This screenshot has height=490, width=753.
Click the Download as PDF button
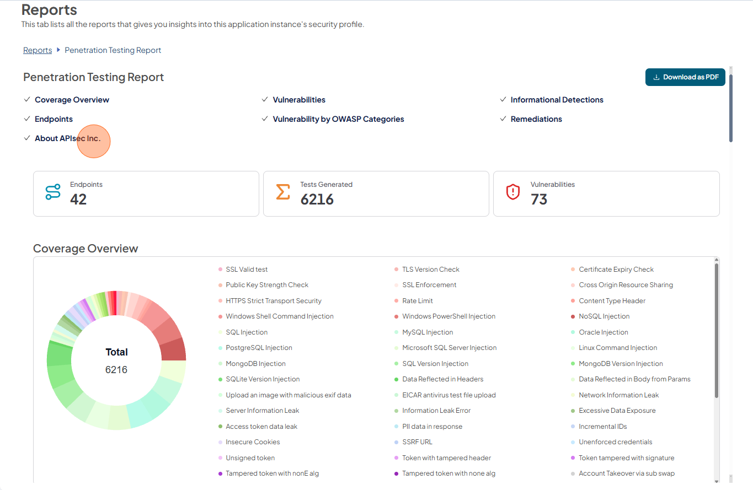685,77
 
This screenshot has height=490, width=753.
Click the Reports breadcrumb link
38,50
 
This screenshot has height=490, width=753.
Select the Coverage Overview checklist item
72,100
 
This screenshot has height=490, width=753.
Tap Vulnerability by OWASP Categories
338,119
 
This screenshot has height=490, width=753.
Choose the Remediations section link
536,119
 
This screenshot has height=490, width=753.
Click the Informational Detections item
557,100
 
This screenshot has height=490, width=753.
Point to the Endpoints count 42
78,199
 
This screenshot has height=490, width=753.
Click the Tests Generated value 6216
317,199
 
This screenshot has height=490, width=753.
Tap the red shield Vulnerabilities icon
513,192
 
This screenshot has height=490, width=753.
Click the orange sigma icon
282,192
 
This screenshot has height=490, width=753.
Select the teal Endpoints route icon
53,192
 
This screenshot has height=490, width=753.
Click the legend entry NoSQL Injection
604,316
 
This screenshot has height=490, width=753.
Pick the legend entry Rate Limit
417,300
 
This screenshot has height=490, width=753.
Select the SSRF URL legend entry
417,442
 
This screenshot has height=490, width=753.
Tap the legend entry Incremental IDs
602,427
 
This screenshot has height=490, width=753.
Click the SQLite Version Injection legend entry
263,379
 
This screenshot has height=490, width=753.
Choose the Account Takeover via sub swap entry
626,473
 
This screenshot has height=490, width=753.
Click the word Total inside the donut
116,352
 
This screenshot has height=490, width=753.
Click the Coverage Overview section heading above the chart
86,249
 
